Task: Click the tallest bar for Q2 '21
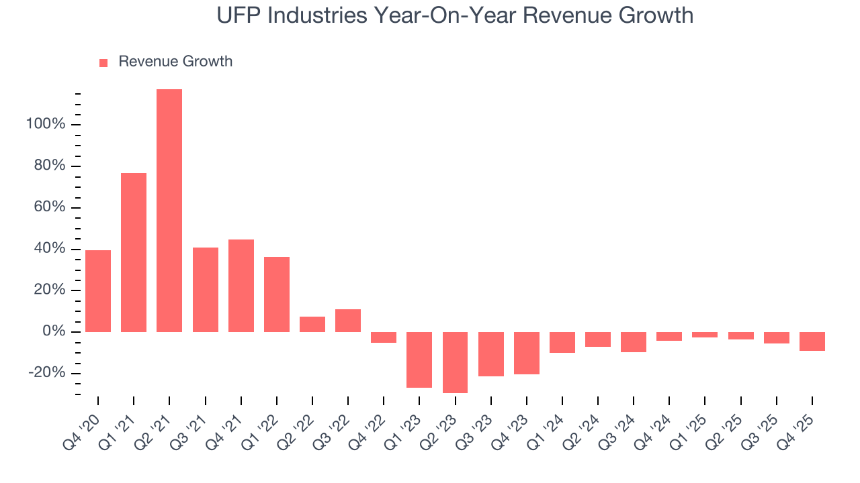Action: pos(169,211)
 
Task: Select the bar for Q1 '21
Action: pos(134,252)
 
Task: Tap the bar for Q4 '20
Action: pos(98,291)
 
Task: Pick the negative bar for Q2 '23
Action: pos(455,362)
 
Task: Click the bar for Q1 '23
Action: pos(419,360)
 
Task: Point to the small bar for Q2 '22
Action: pos(312,324)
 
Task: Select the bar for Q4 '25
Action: pos(812,341)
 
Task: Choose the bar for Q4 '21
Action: pos(241,286)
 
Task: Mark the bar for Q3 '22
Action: pos(348,321)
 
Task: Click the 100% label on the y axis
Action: pos(46,125)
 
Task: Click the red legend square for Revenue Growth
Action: pos(103,63)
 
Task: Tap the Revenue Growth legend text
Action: pos(175,62)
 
